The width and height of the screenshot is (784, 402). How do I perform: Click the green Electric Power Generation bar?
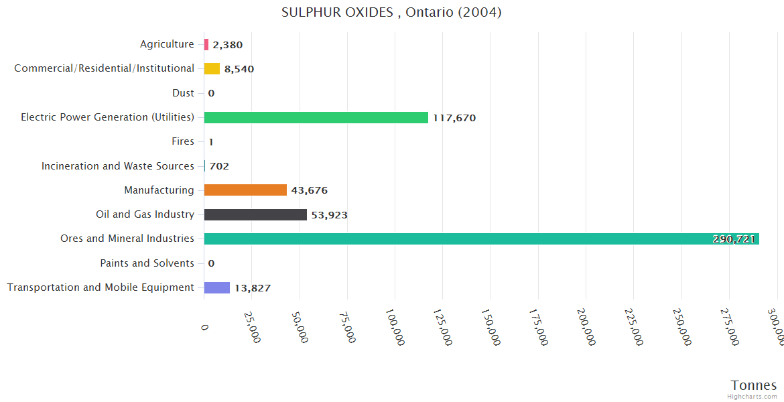coord(316,118)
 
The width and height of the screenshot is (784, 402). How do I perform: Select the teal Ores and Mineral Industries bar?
coord(469,239)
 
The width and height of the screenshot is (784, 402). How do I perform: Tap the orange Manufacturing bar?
coord(245,190)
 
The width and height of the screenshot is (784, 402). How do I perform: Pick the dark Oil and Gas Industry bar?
coord(255,214)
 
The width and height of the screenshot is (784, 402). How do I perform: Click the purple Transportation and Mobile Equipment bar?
coord(217,287)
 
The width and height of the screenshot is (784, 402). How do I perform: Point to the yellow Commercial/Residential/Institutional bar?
coord(212,69)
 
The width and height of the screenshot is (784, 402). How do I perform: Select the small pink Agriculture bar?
coord(206,45)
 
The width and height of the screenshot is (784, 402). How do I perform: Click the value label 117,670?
coord(454,118)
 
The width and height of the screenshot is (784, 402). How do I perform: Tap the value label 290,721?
coord(734,239)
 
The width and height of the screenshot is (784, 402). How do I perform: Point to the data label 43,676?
coord(310,190)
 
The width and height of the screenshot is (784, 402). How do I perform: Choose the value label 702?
coord(219,166)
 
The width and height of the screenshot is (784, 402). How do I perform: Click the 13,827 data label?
coord(253,288)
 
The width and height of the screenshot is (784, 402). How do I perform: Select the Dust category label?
coord(183,93)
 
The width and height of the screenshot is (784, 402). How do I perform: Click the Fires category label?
coord(183,141)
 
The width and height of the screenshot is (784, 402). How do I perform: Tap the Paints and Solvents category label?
coord(147,263)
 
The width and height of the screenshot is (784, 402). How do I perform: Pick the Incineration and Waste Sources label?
coord(118,166)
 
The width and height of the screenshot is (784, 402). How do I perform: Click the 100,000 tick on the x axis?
coord(395,326)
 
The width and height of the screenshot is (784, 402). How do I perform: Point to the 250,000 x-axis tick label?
coord(681,326)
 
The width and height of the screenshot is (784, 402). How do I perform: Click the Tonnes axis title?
coord(753,385)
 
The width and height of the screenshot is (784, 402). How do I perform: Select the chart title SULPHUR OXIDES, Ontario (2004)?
coord(391,13)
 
